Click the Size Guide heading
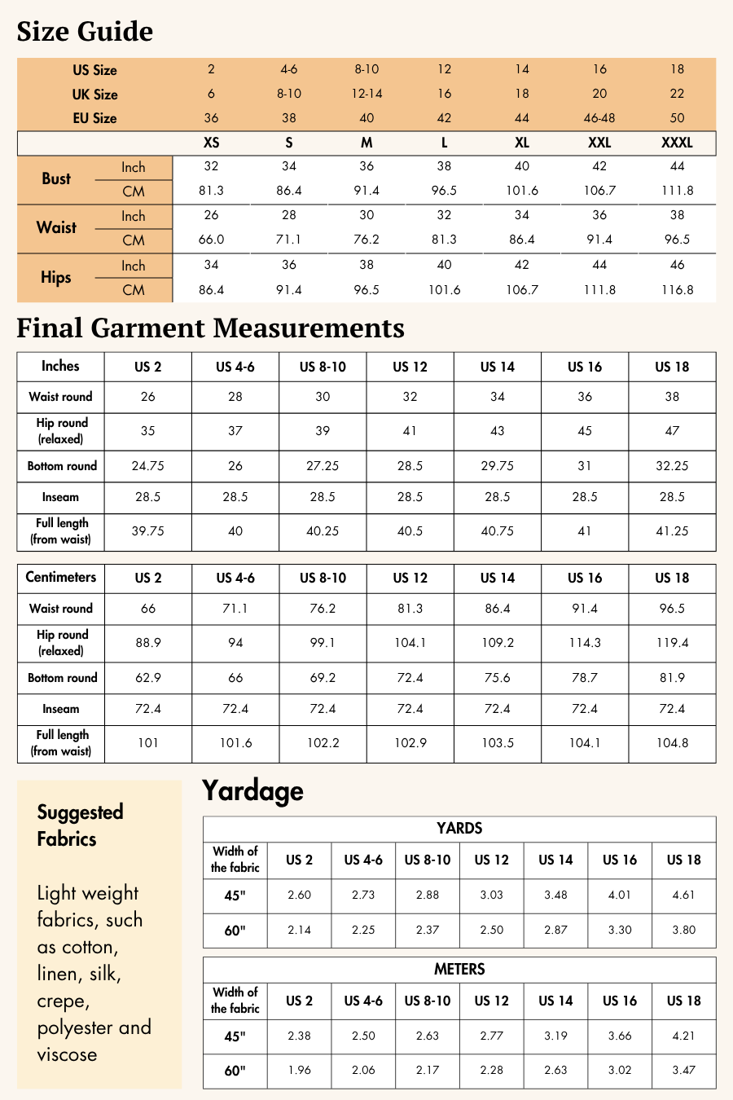tap(85, 32)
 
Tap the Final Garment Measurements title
tap(210, 328)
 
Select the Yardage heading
tap(252, 790)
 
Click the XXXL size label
tap(677, 143)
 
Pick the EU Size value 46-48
tap(599, 118)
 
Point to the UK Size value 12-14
tap(366, 94)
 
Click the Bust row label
tap(56, 178)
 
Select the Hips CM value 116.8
tap(677, 290)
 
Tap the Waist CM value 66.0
tap(211, 240)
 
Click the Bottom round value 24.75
tap(147, 466)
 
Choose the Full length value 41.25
tap(672, 531)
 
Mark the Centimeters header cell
tap(61, 577)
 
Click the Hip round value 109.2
tap(497, 643)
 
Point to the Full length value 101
tap(147, 743)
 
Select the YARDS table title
tap(459, 829)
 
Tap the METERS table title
tap(459, 970)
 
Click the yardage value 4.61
tap(683, 895)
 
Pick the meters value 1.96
tap(299, 1070)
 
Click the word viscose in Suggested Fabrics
tap(67, 1055)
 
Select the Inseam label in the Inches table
tap(61, 497)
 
